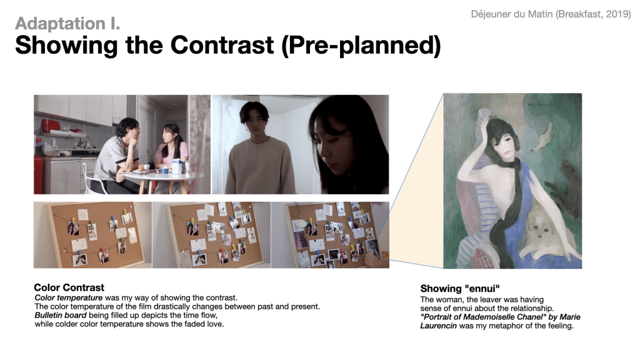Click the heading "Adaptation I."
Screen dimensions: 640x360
(x=67, y=23)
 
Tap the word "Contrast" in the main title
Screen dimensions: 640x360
(x=222, y=44)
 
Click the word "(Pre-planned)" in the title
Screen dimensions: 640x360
(x=361, y=45)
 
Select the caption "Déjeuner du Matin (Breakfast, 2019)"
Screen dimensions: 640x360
(x=551, y=14)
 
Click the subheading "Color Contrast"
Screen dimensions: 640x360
(x=69, y=287)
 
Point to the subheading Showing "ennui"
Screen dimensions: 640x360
(x=460, y=289)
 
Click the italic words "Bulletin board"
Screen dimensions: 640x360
(x=61, y=315)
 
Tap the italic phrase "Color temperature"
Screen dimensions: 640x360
(x=69, y=297)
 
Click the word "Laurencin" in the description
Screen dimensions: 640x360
(x=438, y=326)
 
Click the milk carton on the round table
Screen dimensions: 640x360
(x=176, y=166)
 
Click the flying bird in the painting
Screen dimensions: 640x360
(x=542, y=138)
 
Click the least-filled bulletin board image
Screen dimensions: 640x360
(x=92, y=235)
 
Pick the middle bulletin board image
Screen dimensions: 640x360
(x=211, y=235)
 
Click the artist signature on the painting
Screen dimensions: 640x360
(x=541, y=104)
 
